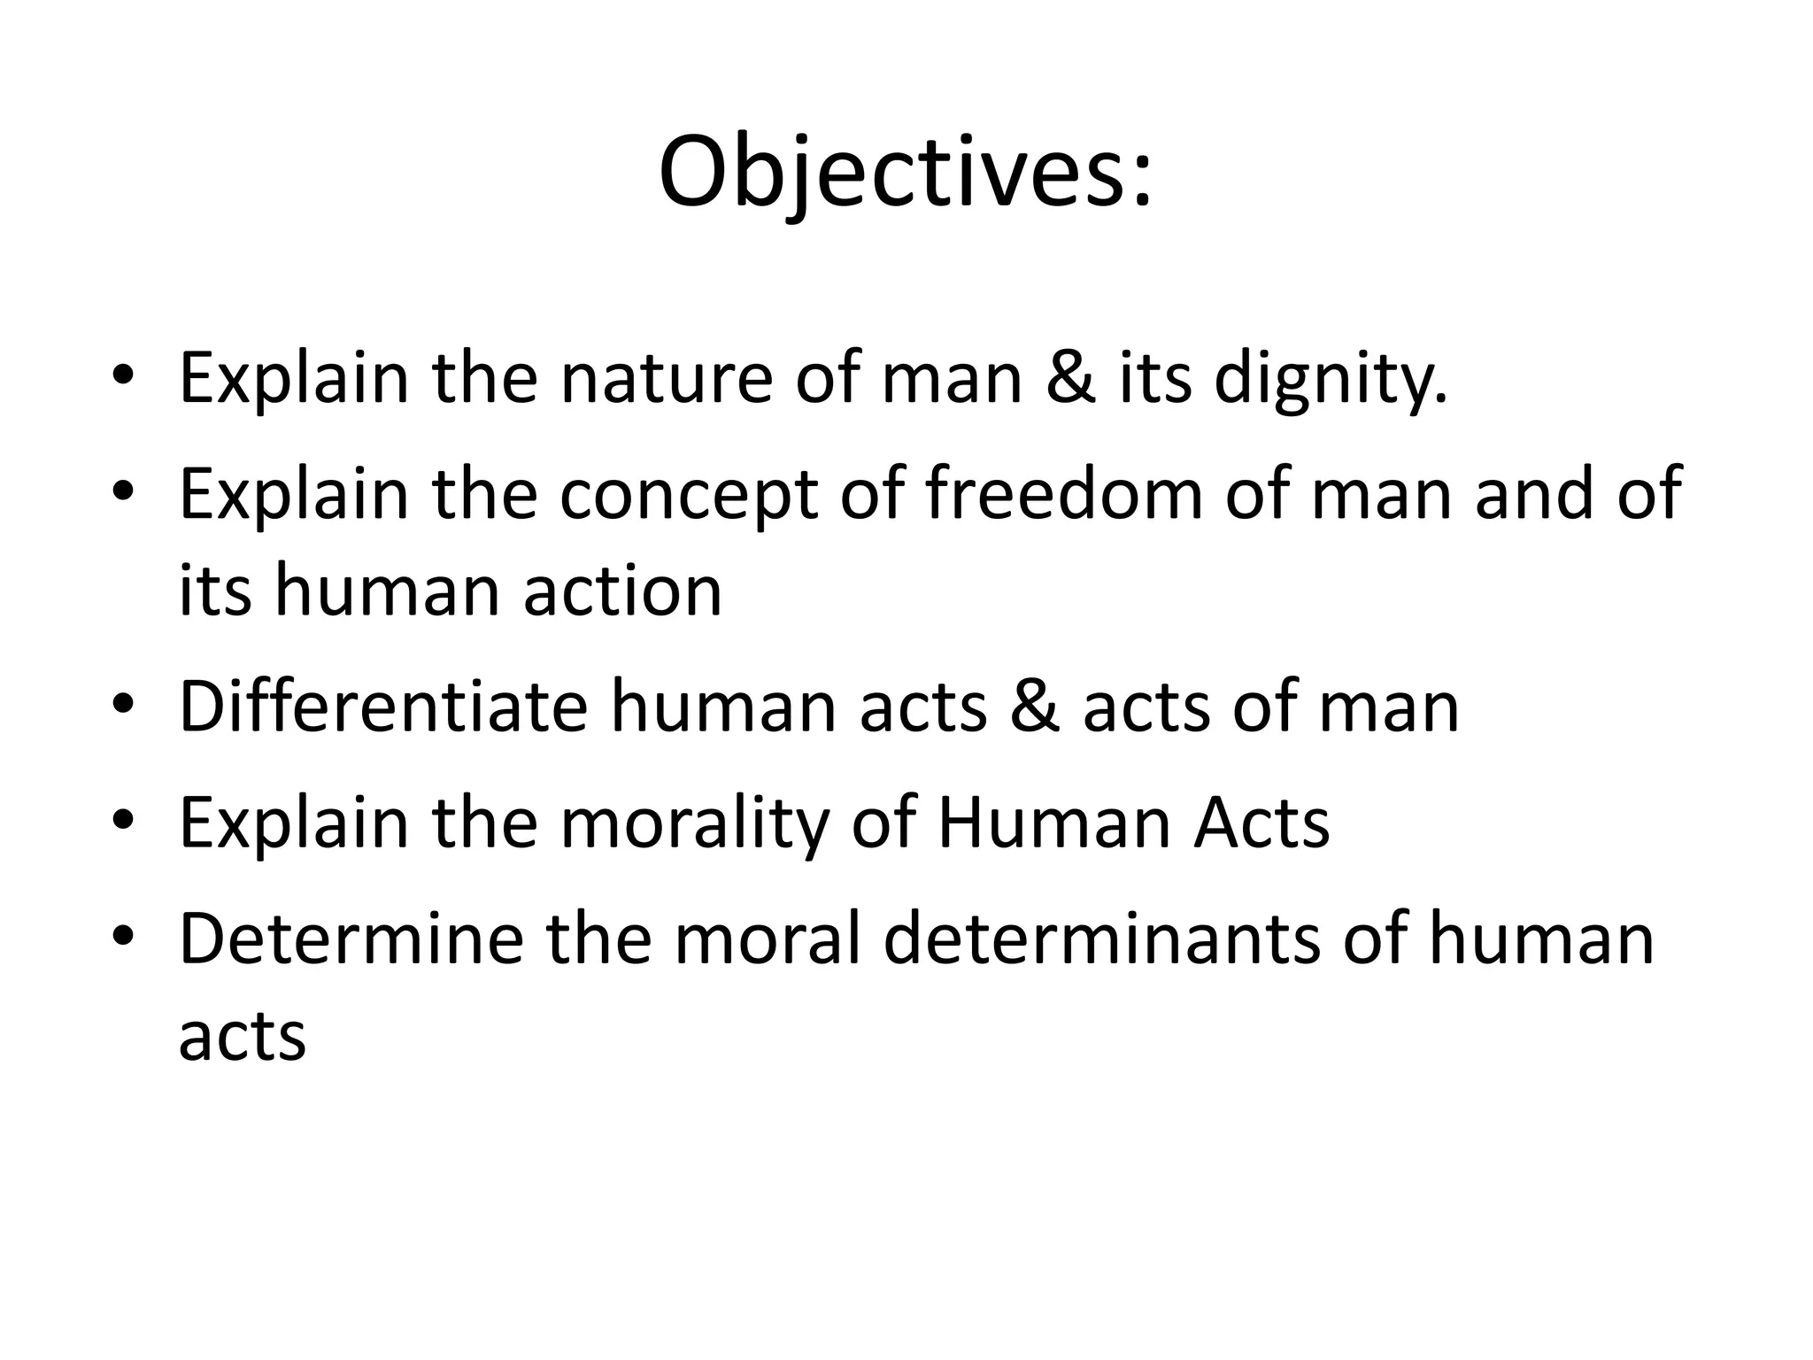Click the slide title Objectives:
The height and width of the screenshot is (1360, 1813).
pos(906,173)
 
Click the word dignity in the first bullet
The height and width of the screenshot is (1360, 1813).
pos(1330,378)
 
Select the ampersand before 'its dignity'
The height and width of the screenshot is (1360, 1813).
pos(1070,378)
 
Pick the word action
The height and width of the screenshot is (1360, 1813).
pos(622,591)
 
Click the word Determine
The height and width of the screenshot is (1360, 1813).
pos(351,939)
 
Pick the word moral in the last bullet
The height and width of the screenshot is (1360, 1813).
pos(768,939)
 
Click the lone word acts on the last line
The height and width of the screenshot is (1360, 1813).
pos(242,1037)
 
